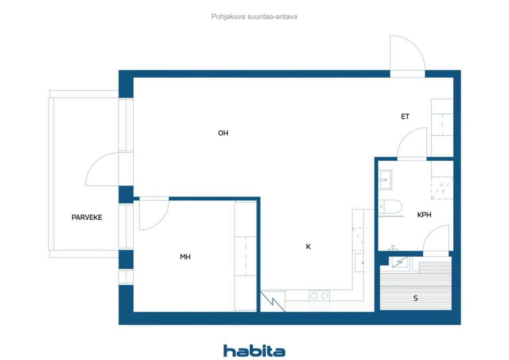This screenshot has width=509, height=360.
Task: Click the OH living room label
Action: pyautogui.click(x=223, y=133)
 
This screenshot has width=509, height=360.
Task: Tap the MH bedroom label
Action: pyautogui.click(x=185, y=257)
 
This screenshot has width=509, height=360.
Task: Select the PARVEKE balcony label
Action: pyautogui.click(x=87, y=217)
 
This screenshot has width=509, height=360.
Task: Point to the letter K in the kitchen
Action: pyautogui.click(x=308, y=246)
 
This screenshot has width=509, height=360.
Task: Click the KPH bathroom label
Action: pyautogui.click(x=424, y=214)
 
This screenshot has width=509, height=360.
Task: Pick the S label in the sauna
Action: pyautogui.click(x=416, y=298)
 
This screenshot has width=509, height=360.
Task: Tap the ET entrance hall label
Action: pyautogui.click(x=405, y=117)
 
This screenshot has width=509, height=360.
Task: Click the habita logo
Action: pyautogui.click(x=254, y=351)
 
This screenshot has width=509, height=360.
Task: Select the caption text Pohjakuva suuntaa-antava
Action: pyautogui.click(x=254, y=17)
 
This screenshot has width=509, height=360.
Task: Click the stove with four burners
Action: pyautogui.click(x=319, y=301)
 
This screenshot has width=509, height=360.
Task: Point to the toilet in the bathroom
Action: pyautogui.click(x=390, y=207)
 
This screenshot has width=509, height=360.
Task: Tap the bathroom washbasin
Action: pyautogui.click(x=385, y=179)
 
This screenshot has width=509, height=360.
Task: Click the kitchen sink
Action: pyautogui.click(x=363, y=263)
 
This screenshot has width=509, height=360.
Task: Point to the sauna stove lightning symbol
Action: pyautogui.click(x=400, y=262)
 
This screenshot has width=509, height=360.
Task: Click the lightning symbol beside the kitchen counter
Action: pyautogui.click(x=272, y=302)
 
